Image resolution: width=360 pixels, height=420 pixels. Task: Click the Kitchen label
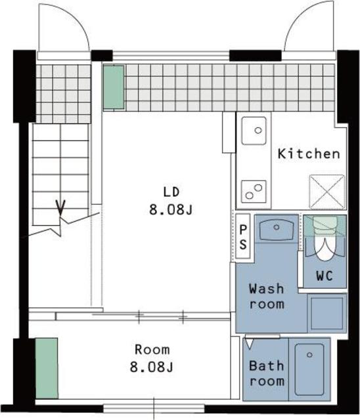pyautogui.click(x=309, y=154)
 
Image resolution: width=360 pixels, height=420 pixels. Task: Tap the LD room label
pyautogui.click(x=171, y=192)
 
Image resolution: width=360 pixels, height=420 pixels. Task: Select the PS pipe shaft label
pyautogui.click(x=243, y=237)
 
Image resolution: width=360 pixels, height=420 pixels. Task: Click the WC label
pyautogui.click(x=325, y=276)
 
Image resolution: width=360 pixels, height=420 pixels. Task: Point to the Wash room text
pyautogui.click(x=267, y=297)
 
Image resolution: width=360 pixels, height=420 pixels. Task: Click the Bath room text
pyautogui.click(x=267, y=373)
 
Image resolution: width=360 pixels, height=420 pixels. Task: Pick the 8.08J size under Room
pyautogui.click(x=152, y=367)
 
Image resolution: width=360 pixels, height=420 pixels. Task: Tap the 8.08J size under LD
pyautogui.click(x=171, y=209)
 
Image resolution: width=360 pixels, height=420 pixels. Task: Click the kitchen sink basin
pyautogui.click(x=254, y=131)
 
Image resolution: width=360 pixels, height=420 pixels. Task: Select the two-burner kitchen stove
pyautogui.click(x=254, y=192)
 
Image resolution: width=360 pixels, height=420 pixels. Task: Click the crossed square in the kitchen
pyautogui.click(x=327, y=191)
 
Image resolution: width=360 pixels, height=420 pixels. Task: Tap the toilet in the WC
pyautogui.click(x=325, y=238)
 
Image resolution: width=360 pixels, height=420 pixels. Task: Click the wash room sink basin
pyautogui.click(x=277, y=230)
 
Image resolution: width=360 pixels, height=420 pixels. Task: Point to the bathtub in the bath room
pyautogui.click(x=309, y=369)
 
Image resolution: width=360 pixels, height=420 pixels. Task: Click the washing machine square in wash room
pyautogui.click(x=327, y=313)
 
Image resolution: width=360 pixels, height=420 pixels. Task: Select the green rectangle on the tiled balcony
pyautogui.click(x=114, y=87)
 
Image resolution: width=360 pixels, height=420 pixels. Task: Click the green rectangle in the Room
pyautogui.click(x=47, y=368)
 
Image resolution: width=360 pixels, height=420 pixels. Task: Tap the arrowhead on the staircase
pyautogui.click(x=60, y=207)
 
